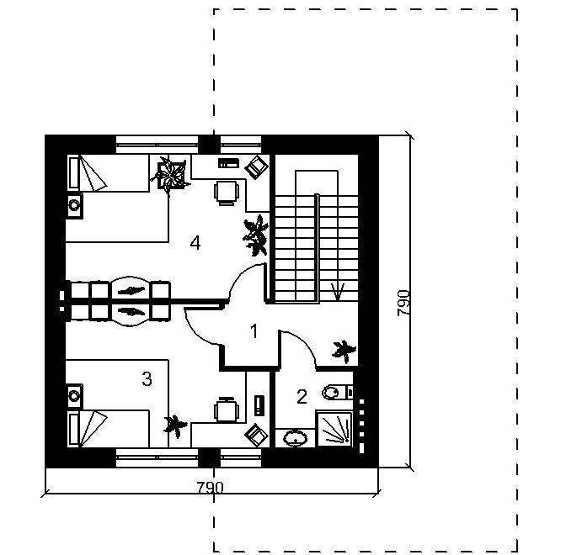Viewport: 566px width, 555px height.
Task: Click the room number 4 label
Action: click(195, 243)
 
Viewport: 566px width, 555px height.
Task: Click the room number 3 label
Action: click(147, 379)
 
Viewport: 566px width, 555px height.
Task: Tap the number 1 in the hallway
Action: click(254, 331)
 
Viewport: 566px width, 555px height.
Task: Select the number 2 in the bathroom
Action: click(302, 396)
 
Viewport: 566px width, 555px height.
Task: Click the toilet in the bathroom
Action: click(337, 392)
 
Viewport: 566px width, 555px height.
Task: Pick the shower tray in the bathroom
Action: click(334, 429)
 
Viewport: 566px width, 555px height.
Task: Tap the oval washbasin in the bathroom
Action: click(296, 438)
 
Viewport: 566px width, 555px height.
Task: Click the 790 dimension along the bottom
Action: click(210, 488)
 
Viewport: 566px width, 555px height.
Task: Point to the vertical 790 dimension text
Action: click(403, 303)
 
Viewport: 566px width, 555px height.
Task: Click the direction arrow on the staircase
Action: click(338, 292)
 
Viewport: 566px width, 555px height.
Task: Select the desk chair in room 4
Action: click(227, 193)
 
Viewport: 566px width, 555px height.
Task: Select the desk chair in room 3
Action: click(227, 409)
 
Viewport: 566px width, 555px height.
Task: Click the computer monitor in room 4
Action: click(256, 166)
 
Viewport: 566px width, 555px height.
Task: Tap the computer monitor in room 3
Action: click(256, 435)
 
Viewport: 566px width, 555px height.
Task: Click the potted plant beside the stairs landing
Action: click(344, 351)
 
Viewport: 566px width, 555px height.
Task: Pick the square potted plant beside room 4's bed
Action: click(170, 175)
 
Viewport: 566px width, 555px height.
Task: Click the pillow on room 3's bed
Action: click(74, 429)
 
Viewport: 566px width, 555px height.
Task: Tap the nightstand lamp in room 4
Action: click(74, 205)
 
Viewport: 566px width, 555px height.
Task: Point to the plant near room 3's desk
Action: click(175, 425)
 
